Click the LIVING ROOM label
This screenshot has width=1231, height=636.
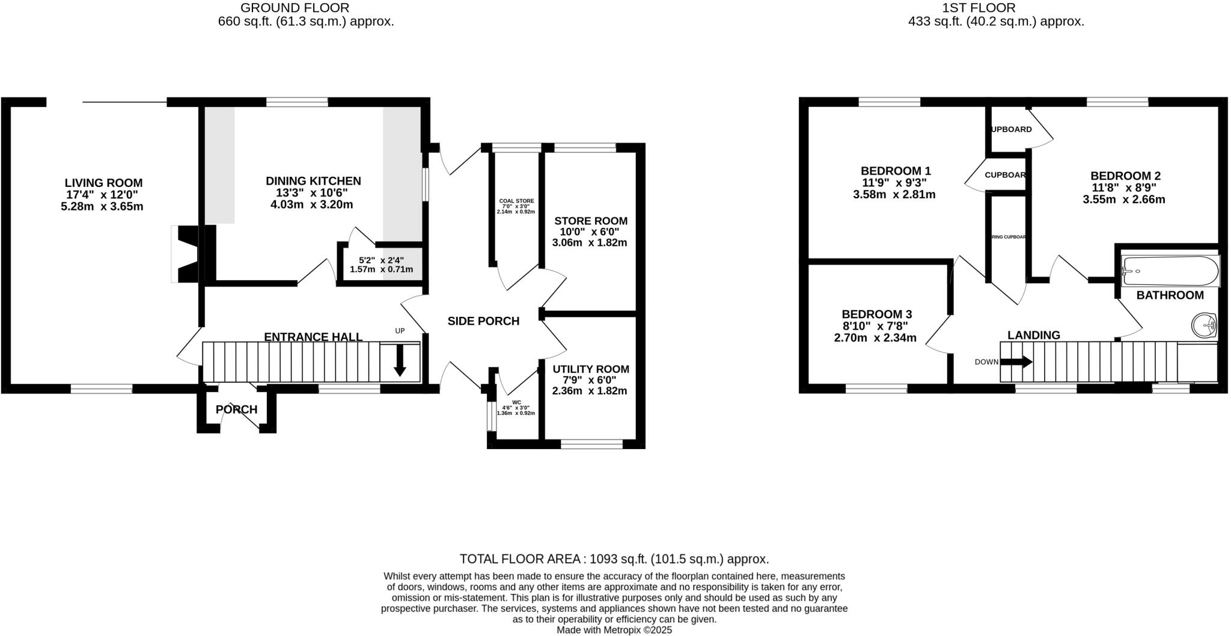pyautogui.click(x=103, y=183)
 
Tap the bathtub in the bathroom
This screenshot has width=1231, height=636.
pyautogui.click(x=1170, y=271)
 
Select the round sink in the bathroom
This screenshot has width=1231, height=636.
pyautogui.click(x=1204, y=325)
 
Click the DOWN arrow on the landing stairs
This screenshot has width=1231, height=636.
pyautogui.click(x=1016, y=362)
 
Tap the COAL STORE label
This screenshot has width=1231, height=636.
pyautogui.click(x=516, y=201)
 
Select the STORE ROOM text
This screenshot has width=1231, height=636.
pyautogui.click(x=590, y=221)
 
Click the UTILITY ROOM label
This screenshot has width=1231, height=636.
pyautogui.click(x=590, y=369)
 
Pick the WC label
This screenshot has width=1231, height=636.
pyautogui.click(x=516, y=402)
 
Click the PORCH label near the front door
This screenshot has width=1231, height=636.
pyautogui.click(x=236, y=409)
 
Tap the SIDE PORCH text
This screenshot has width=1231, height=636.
pyautogui.click(x=483, y=321)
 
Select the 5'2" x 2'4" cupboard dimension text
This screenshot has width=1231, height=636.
pyautogui.click(x=381, y=260)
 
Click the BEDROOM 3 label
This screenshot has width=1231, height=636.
pyautogui.click(x=876, y=314)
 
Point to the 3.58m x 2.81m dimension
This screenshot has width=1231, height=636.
pyautogui.click(x=894, y=195)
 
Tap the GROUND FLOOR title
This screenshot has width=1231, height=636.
pyautogui.click(x=295, y=8)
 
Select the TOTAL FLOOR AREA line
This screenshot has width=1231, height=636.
pyautogui.click(x=614, y=559)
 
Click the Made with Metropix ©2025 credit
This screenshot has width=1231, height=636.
pyautogui.click(x=614, y=630)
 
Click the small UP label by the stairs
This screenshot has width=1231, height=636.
pyautogui.click(x=400, y=331)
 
